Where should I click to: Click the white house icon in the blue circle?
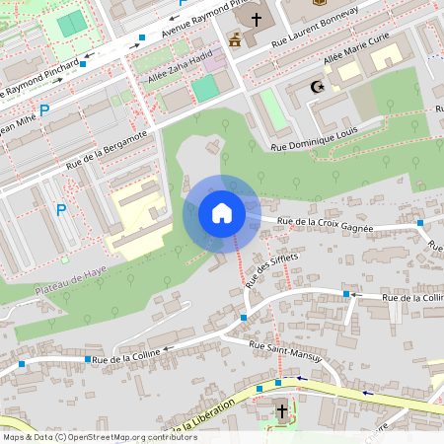pyautogui.click(x=221, y=213)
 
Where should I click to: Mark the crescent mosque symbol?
pyautogui.click(x=318, y=88)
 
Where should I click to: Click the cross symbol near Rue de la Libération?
pyautogui.click(x=281, y=410)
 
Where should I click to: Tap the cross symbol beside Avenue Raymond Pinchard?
pyautogui.click(x=257, y=19)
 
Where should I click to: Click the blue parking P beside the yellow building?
pyautogui.click(x=61, y=209)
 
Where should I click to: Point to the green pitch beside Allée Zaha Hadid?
pyautogui.click(x=204, y=89)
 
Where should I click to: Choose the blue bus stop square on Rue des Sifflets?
pyautogui.click(x=244, y=318)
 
